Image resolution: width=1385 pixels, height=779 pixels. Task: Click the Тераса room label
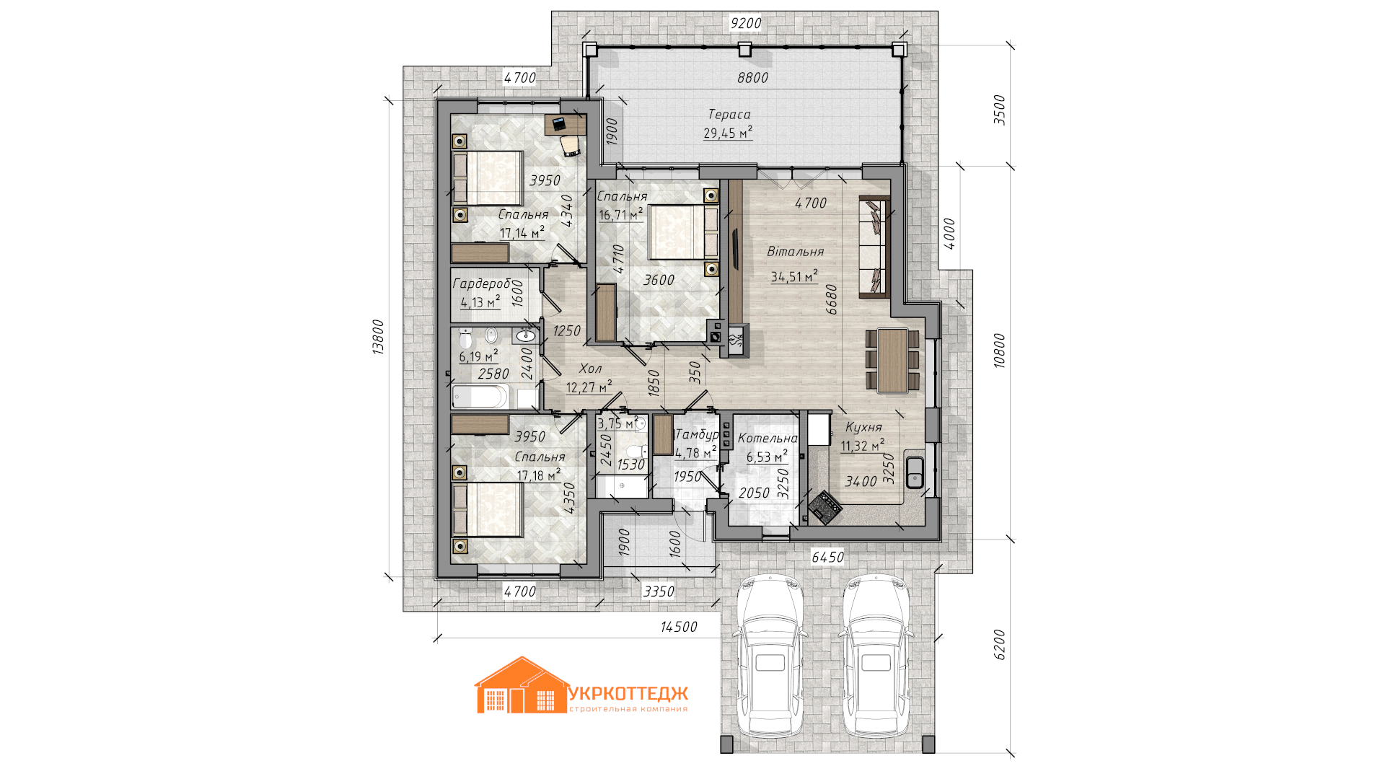pos(729,114)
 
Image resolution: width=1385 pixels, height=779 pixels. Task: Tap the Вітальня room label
pos(795,251)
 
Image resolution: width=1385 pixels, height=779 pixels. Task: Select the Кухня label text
pos(863,427)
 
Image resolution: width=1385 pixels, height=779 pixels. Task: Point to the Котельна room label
pos(768,438)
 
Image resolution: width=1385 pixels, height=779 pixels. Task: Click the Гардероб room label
pos(481,283)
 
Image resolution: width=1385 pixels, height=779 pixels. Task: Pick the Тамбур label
pos(696,434)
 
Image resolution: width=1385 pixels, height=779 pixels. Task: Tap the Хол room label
pos(590,369)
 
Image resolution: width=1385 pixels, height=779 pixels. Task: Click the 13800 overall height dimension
pos(378,336)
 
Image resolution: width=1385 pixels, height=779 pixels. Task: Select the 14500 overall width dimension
pos(679,627)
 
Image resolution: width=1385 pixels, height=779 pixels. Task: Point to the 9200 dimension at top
pos(746,23)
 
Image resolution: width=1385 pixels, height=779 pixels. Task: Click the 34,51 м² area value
pos(794,276)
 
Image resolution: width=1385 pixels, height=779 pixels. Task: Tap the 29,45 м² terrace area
pos(728,133)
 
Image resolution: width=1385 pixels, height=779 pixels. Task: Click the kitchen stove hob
pos(825,506)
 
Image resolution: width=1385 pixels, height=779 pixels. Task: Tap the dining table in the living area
pos(892,360)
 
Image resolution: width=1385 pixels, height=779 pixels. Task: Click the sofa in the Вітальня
pos(874,246)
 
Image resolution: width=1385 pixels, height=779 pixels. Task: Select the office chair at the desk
pos(571,145)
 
